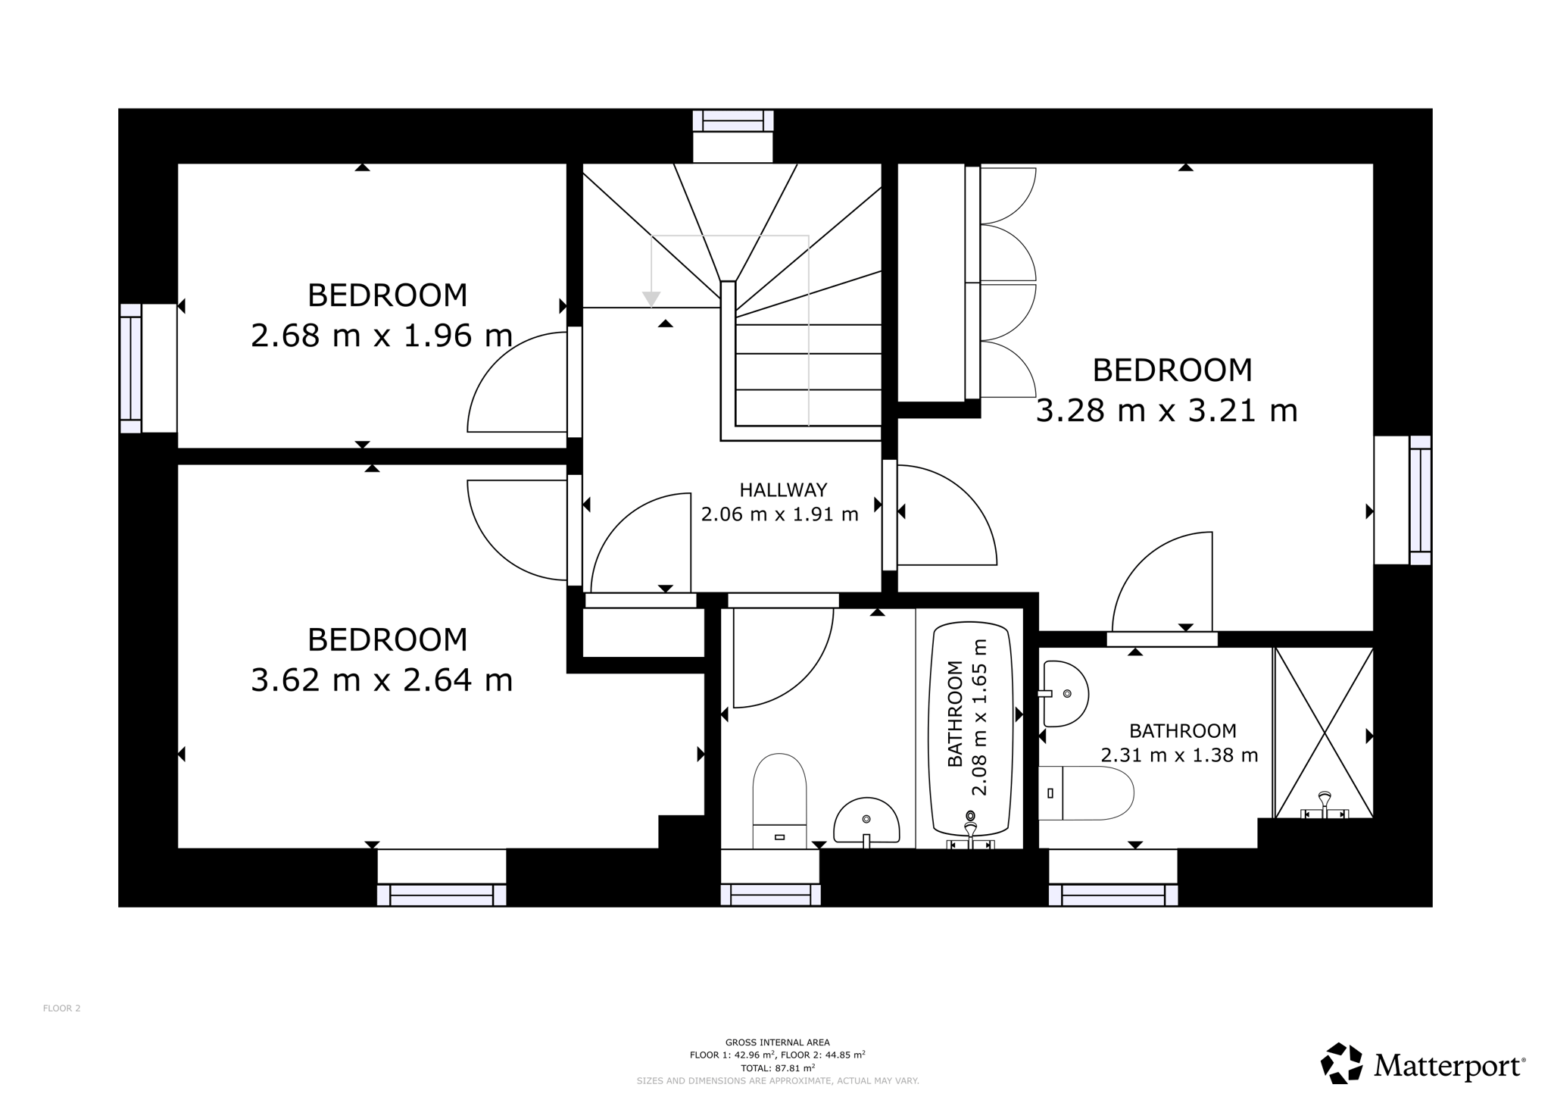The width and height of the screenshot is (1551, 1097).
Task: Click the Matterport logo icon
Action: (x=1342, y=1064)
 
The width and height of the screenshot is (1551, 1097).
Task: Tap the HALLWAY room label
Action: (x=783, y=489)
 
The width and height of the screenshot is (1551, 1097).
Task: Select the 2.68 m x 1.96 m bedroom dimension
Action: (x=382, y=335)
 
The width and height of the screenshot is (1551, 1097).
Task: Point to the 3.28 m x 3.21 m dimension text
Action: (x=1166, y=411)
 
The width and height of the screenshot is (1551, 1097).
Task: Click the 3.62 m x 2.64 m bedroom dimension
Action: (x=382, y=680)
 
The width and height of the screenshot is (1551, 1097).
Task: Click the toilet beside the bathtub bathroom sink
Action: (x=779, y=801)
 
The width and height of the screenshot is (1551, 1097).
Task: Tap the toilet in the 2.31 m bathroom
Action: (x=1086, y=793)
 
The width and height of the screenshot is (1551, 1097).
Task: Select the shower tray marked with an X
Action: (x=1324, y=733)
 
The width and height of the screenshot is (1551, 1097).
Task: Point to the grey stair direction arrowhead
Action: (x=651, y=299)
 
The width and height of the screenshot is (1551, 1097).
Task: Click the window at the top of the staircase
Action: (x=733, y=121)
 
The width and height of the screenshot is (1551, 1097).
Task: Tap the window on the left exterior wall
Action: (x=130, y=368)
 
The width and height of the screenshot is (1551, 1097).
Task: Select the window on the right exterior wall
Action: (x=1420, y=500)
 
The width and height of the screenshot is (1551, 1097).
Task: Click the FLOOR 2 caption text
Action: (x=61, y=1008)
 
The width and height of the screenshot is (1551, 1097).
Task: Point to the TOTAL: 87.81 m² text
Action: (x=777, y=1068)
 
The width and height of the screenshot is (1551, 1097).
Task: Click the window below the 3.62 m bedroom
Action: (x=442, y=895)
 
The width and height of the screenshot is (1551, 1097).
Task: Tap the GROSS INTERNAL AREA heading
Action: (x=777, y=1042)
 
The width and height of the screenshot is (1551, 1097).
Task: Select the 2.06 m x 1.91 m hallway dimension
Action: (x=779, y=514)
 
